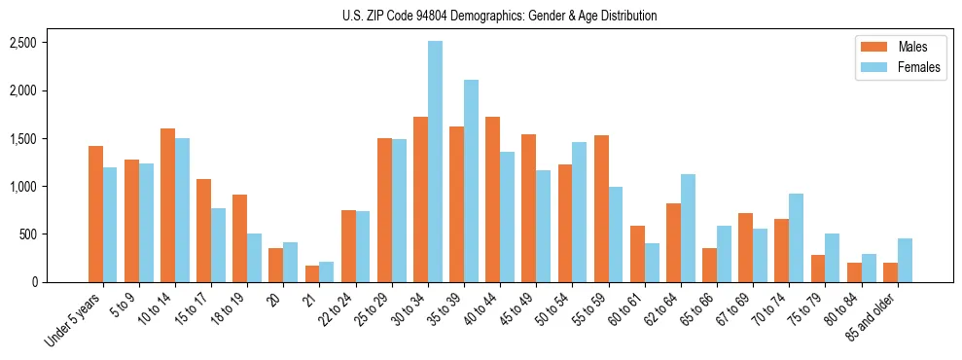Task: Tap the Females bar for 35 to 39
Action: coord(471,181)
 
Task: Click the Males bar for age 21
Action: coord(311,273)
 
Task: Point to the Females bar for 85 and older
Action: coord(905,260)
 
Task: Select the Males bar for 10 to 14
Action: coord(167,205)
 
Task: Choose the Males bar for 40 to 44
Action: coord(492,199)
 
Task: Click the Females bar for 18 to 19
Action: coord(255,258)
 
